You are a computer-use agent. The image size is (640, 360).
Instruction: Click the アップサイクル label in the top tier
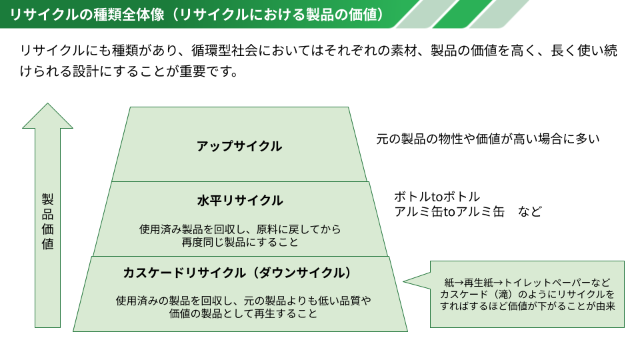(x=239, y=146)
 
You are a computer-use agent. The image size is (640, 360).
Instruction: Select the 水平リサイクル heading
(x=240, y=201)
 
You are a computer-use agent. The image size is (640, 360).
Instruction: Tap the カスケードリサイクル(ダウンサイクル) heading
(x=237, y=273)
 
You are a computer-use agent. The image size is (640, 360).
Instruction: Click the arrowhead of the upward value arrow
(x=48, y=116)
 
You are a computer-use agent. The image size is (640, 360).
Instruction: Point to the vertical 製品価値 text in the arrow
(x=48, y=221)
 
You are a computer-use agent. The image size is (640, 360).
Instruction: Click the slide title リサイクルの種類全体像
(x=87, y=14)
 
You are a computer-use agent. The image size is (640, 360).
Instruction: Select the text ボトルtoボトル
(x=437, y=197)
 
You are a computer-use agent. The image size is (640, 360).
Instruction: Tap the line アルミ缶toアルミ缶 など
(x=468, y=211)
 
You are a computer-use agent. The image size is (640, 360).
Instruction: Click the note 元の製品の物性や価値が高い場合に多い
(x=488, y=139)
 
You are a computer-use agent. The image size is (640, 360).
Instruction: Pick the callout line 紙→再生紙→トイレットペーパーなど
(x=527, y=283)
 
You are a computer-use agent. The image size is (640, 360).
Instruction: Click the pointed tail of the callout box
(x=404, y=281)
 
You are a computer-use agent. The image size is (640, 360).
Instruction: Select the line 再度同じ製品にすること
(x=240, y=242)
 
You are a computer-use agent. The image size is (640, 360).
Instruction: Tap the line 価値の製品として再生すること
(x=243, y=313)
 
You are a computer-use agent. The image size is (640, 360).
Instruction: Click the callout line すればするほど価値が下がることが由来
(x=527, y=306)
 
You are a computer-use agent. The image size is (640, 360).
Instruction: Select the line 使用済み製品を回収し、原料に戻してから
(x=240, y=229)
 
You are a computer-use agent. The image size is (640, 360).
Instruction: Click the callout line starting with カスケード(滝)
(x=527, y=294)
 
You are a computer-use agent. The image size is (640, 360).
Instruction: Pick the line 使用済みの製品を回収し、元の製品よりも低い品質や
(x=243, y=301)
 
